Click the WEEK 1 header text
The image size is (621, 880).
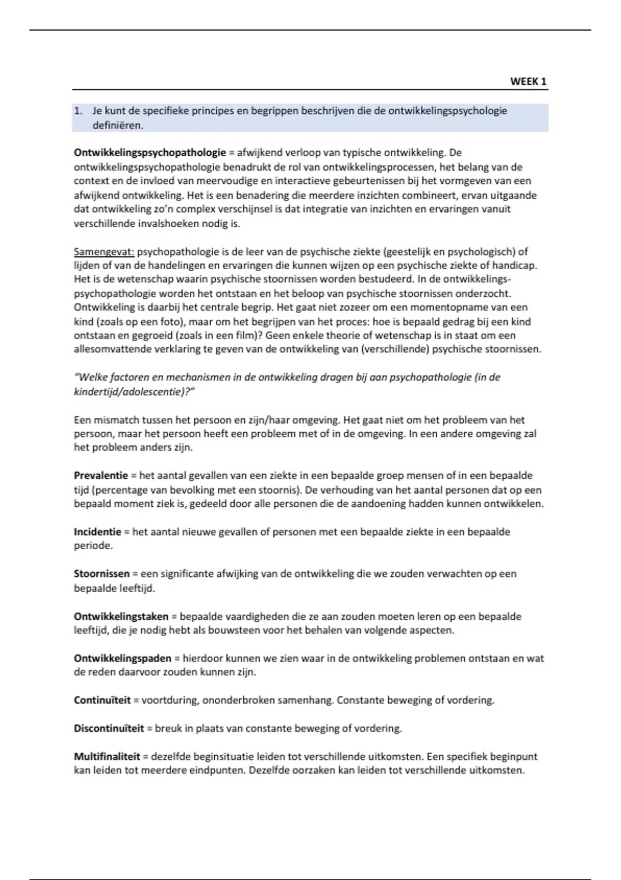coord(528,81)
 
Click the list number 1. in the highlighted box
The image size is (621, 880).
coord(78,111)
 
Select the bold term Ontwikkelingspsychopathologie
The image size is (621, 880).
coord(150,153)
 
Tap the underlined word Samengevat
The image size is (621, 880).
coord(104,252)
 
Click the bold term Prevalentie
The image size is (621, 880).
coord(100,476)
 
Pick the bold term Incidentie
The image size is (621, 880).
coord(97,532)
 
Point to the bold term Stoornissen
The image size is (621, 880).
coord(101,574)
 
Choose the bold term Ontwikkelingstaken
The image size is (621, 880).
coord(121,617)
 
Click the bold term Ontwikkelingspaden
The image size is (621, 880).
coord(122,659)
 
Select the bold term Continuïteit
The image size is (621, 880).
coord(102,700)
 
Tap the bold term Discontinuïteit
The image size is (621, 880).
coord(109,729)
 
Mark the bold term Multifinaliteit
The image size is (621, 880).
coord(107,757)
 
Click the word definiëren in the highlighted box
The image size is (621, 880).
coord(117,125)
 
